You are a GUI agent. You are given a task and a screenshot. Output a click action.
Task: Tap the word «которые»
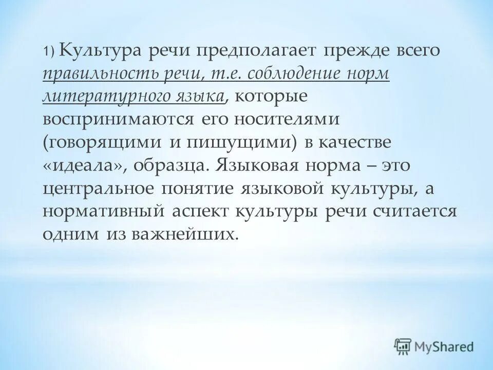pos(256,96)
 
